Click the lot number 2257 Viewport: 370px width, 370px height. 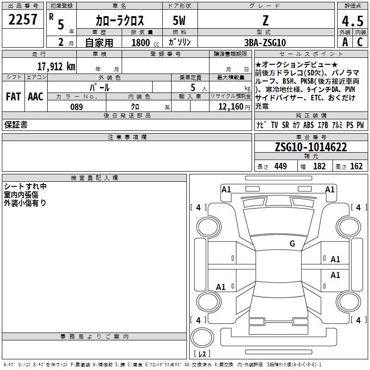[x=23, y=19]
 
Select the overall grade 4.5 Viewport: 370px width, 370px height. [x=352, y=21]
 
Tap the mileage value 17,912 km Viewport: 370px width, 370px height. [x=56, y=66]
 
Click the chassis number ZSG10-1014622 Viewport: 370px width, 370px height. [x=311, y=147]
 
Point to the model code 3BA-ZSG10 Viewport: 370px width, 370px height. [x=265, y=43]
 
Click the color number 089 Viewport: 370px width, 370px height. [x=77, y=107]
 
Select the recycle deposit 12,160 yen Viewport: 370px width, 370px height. [x=234, y=107]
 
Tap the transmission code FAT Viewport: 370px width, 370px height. [x=13, y=97]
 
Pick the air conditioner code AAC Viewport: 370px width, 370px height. [x=36, y=97]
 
